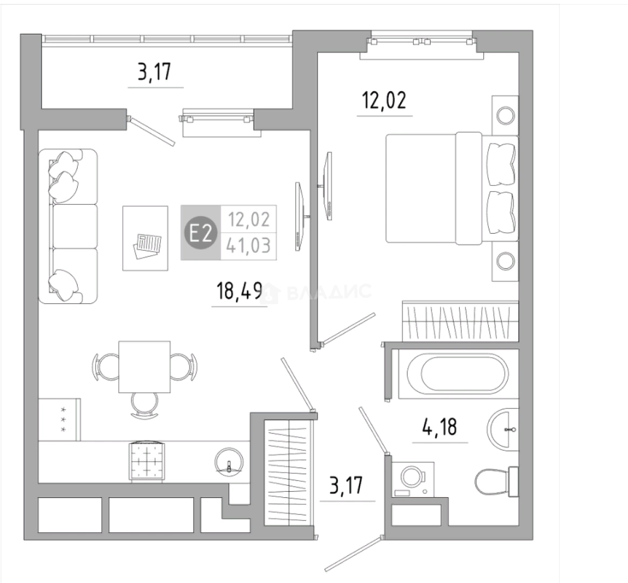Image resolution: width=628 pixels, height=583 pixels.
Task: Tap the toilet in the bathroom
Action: (497, 482)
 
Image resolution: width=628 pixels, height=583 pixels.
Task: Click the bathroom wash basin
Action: (503, 429)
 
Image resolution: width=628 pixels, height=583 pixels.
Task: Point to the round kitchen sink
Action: (229, 462)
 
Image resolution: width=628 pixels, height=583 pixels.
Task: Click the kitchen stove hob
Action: (146, 461)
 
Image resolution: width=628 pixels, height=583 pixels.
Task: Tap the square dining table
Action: (145, 367)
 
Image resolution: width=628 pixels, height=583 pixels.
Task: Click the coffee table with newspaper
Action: (145, 238)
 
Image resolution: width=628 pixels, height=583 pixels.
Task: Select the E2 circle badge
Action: (200, 233)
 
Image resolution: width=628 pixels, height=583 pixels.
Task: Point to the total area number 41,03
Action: (248, 245)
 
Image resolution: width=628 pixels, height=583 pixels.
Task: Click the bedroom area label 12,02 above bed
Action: (384, 100)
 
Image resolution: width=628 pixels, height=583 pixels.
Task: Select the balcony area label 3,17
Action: (154, 72)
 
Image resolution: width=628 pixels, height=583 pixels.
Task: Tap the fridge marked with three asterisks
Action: (60, 419)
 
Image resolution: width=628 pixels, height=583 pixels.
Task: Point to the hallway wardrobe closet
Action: (289, 472)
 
